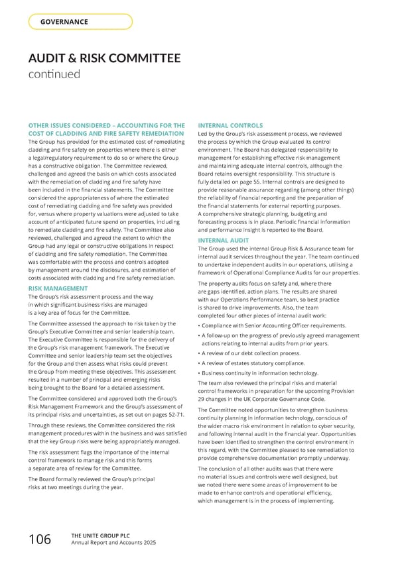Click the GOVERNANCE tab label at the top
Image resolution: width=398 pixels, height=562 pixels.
(64, 22)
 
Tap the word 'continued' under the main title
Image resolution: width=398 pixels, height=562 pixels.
(54, 74)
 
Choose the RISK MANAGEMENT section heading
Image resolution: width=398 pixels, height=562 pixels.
(59, 289)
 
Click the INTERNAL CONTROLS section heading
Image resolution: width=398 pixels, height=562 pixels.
(230, 125)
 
